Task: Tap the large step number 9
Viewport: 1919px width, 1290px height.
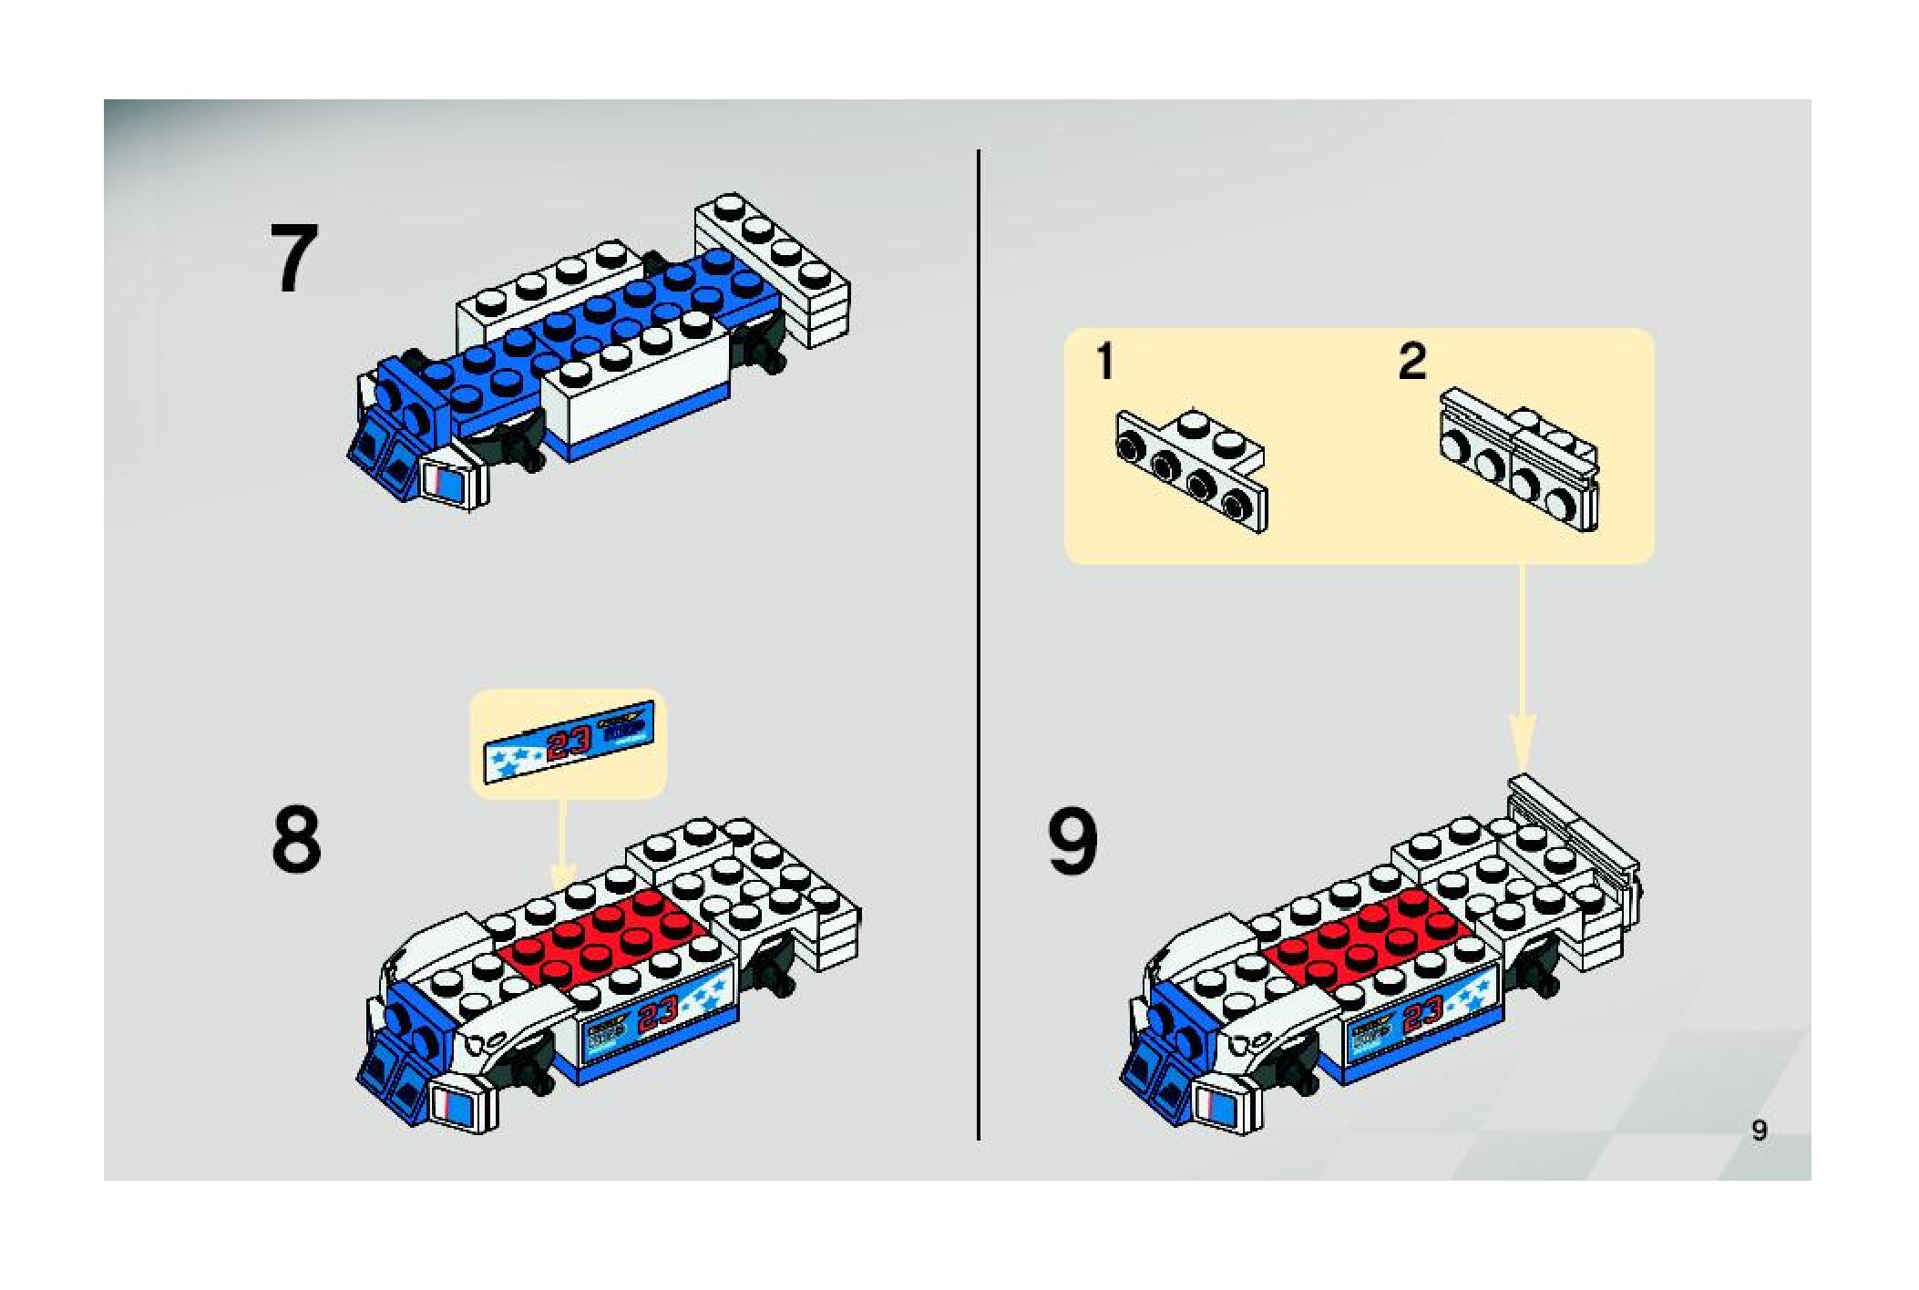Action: click(x=1072, y=843)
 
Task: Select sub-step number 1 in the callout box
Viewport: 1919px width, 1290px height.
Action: click(x=1104, y=362)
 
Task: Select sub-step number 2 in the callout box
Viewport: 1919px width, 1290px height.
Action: click(x=1411, y=362)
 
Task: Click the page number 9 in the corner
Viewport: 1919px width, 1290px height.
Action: click(x=1759, y=1130)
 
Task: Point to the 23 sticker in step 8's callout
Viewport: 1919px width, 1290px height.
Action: click(x=569, y=744)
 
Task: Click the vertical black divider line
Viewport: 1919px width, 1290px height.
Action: click(x=979, y=638)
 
